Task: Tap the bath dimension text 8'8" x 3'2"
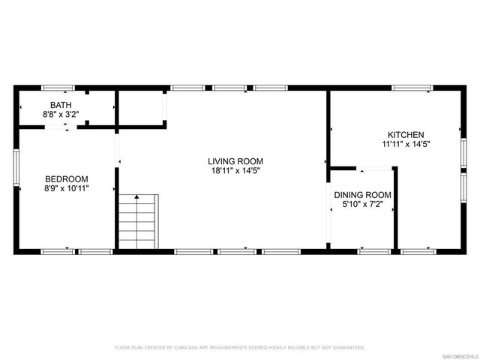click(x=61, y=114)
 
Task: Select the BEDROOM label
click(x=67, y=178)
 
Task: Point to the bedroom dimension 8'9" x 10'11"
click(x=67, y=188)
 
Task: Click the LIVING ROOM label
click(x=235, y=161)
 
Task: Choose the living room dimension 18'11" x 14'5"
click(x=235, y=171)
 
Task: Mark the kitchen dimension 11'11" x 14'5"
click(x=406, y=144)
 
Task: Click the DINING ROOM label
click(x=362, y=195)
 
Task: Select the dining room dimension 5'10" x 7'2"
click(x=362, y=205)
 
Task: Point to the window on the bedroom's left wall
click(x=16, y=166)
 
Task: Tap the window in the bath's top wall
click(x=57, y=88)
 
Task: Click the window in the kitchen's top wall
click(x=412, y=88)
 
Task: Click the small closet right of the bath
click(x=141, y=108)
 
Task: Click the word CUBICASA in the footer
click(x=185, y=348)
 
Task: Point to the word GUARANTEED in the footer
click(x=349, y=348)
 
